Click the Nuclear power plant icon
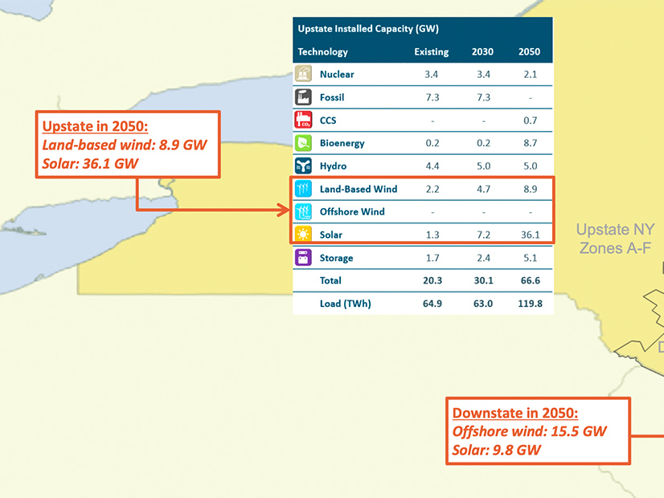click(x=303, y=74)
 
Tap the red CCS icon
click(x=303, y=120)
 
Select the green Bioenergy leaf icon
click(x=303, y=143)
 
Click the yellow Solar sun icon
click(x=303, y=234)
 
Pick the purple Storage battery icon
click(x=303, y=257)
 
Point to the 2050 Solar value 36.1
click(x=531, y=235)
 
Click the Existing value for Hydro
click(x=432, y=166)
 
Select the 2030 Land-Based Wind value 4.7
click(x=484, y=189)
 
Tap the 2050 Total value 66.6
click(x=531, y=280)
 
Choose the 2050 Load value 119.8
click(x=531, y=304)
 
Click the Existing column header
click(x=432, y=51)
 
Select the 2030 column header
click(x=483, y=51)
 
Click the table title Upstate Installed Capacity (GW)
click(x=368, y=29)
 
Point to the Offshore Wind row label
click(x=352, y=211)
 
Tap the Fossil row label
click(x=332, y=97)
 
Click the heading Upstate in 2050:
click(x=96, y=126)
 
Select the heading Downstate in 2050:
click(x=515, y=413)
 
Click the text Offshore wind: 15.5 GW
click(x=530, y=431)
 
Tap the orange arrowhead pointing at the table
click(x=283, y=210)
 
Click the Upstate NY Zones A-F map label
click(x=615, y=239)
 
